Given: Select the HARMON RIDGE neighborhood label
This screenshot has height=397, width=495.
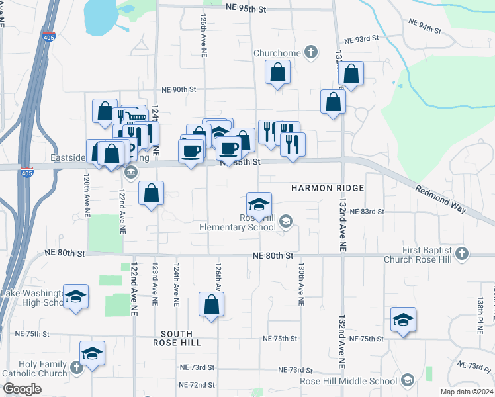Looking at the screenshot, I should click(x=328, y=189).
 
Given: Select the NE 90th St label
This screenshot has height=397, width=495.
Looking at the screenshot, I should click(x=179, y=89).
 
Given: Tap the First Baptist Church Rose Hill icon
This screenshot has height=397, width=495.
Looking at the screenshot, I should click(x=462, y=253).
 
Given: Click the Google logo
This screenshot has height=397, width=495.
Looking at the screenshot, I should click(x=22, y=389).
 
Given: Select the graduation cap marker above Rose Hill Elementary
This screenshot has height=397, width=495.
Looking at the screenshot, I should click(x=259, y=204).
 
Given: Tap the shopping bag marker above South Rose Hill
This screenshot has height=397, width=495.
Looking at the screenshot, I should click(x=211, y=305).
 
